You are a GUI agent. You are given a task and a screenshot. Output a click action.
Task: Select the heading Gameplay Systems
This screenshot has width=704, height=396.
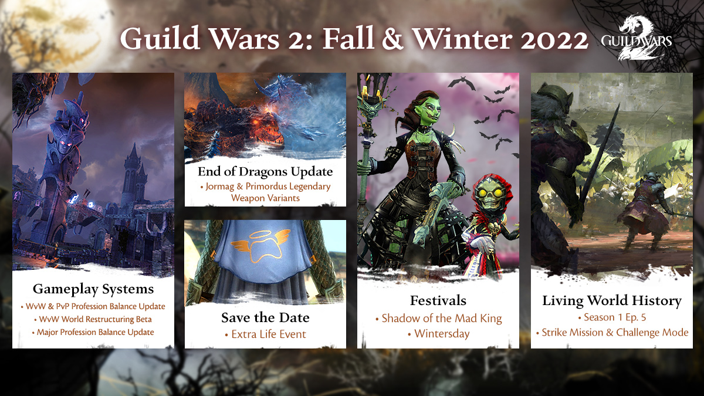click(x=93, y=289)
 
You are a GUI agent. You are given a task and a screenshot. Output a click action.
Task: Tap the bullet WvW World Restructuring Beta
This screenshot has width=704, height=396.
click(x=93, y=319)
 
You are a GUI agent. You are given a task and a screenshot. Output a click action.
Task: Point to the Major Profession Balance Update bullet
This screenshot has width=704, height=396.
click(x=93, y=332)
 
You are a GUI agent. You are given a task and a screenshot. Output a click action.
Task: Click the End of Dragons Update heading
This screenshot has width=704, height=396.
click(x=265, y=171)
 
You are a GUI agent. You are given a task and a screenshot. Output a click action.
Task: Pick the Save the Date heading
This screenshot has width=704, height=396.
click(x=265, y=317)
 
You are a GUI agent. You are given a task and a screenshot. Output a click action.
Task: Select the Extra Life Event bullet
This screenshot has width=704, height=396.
click(x=265, y=334)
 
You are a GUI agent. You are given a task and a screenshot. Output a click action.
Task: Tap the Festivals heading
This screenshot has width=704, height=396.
click(x=438, y=300)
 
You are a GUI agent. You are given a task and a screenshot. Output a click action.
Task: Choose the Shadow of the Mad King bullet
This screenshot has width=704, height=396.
click(x=438, y=319)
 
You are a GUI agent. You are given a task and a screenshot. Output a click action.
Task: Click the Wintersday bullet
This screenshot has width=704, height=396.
click(x=438, y=334)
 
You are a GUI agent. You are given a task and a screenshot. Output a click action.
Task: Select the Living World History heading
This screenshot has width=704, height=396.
click(x=612, y=301)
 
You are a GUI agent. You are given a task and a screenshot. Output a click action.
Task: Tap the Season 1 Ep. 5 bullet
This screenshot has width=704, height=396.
click(x=612, y=317)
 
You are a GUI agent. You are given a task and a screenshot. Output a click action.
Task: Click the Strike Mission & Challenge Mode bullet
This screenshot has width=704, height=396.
click(x=612, y=333)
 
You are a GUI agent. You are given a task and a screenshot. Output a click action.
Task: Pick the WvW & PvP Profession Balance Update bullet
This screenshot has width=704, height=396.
click(x=93, y=306)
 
